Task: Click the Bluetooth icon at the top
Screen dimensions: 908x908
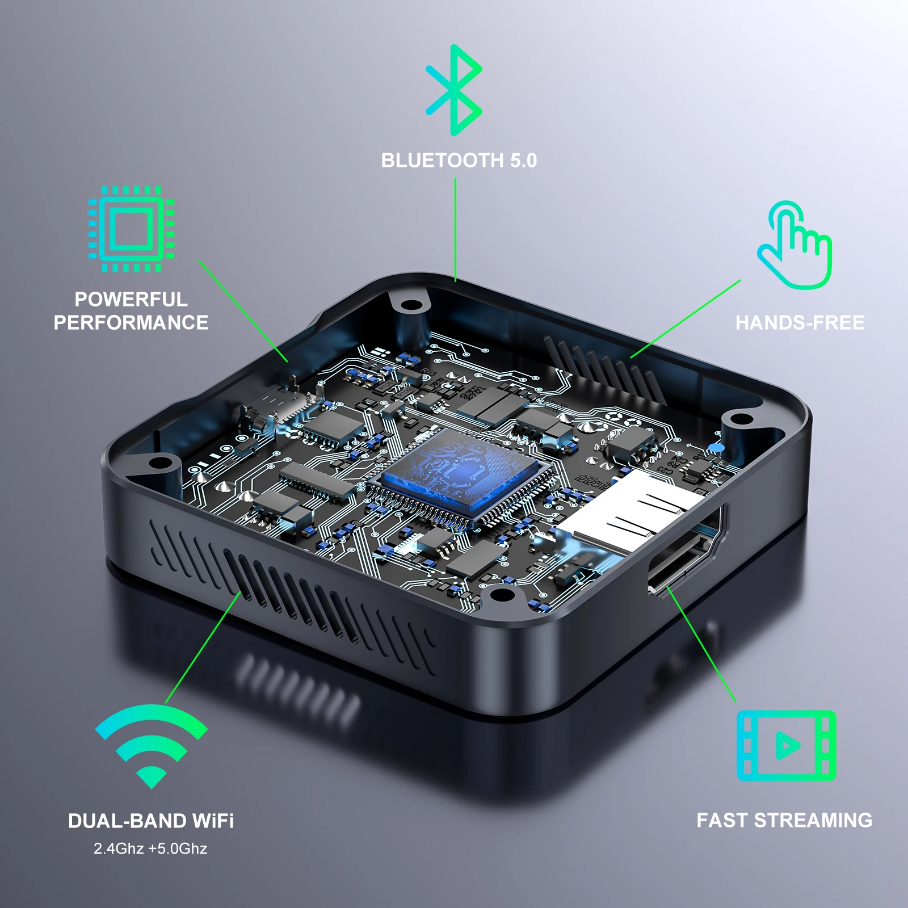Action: [x=454, y=90]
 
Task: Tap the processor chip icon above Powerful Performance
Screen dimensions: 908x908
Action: [x=131, y=229]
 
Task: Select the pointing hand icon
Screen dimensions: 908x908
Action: [x=795, y=245]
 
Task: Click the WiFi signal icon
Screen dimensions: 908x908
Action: [x=152, y=745]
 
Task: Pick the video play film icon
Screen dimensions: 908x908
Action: [x=786, y=745]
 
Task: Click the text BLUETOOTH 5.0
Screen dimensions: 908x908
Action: [x=459, y=161]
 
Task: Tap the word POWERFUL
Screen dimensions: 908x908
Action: [x=131, y=299]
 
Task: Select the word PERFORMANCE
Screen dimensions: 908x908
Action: [x=131, y=323]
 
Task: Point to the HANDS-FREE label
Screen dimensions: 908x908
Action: [x=800, y=323]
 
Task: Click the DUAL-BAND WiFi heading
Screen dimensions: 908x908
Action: [x=151, y=821]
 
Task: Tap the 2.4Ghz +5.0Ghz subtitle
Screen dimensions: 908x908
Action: [x=150, y=848]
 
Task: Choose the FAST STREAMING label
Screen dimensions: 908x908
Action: [x=784, y=821]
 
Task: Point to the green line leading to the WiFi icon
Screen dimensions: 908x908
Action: [x=203, y=648]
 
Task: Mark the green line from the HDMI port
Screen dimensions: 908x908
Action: [x=701, y=645]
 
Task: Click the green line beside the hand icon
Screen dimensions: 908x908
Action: [x=686, y=319]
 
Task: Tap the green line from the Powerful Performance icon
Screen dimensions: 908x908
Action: [x=243, y=311]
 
